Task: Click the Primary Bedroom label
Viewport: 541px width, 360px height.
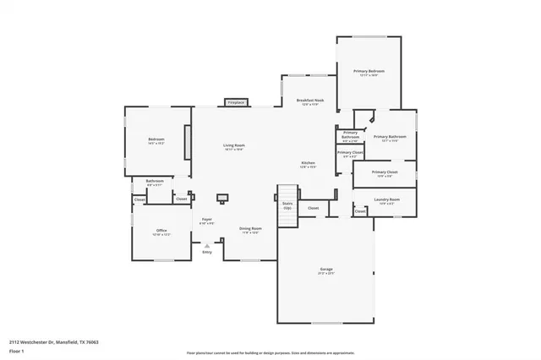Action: pyautogui.click(x=369, y=71)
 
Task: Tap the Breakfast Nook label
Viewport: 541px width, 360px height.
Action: pyautogui.click(x=309, y=100)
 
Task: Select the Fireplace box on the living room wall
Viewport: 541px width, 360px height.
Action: pyautogui.click(x=235, y=103)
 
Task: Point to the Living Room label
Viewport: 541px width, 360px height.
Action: pyautogui.click(x=234, y=145)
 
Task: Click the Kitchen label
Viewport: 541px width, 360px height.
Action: pyautogui.click(x=309, y=162)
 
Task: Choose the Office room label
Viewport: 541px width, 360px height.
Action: pyautogui.click(x=161, y=231)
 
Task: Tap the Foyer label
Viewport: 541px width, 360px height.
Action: pyautogui.click(x=206, y=220)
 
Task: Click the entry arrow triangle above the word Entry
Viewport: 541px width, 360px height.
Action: pyautogui.click(x=206, y=245)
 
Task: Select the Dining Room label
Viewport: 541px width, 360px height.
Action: pyautogui.click(x=250, y=228)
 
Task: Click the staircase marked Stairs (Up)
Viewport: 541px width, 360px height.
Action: pyautogui.click(x=286, y=215)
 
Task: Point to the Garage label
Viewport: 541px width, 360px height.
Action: pyautogui.click(x=326, y=270)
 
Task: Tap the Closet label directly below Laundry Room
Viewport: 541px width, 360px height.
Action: pyautogui.click(x=360, y=211)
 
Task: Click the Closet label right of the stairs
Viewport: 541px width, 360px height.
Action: pyautogui.click(x=313, y=208)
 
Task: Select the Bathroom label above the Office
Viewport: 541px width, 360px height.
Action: pyautogui.click(x=155, y=180)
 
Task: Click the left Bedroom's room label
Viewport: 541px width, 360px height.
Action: pyautogui.click(x=156, y=139)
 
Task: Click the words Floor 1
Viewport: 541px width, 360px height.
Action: pyautogui.click(x=17, y=351)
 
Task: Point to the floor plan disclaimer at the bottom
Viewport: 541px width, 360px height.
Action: pyautogui.click(x=270, y=352)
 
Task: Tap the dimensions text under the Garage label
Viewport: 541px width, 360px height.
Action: pyautogui.click(x=326, y=274)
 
